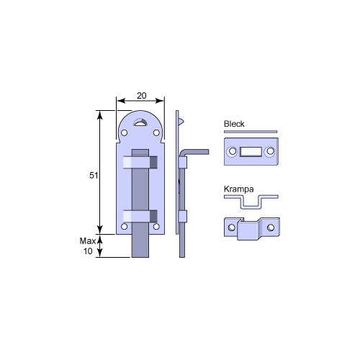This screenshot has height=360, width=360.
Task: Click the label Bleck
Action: pos(234,124)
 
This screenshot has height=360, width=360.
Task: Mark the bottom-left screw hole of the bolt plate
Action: pos(124,227)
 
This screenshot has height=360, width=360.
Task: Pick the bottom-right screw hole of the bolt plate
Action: pos(158,227)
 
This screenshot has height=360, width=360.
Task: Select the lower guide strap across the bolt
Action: pos(141,215)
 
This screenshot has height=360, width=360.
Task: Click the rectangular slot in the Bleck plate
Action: pos(250,152)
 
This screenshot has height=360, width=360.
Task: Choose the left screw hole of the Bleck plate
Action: pos(232,152)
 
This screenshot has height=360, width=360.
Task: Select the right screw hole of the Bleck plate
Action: pos(270,152)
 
